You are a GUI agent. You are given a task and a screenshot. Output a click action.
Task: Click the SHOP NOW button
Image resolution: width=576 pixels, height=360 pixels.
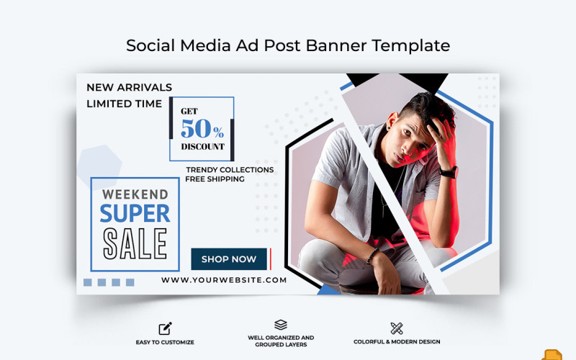pos(229,259)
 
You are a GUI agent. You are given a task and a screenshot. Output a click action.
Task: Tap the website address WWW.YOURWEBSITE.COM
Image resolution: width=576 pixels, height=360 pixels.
pos(224,280)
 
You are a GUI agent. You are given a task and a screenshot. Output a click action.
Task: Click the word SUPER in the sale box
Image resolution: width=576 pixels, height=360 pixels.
pos(135,213)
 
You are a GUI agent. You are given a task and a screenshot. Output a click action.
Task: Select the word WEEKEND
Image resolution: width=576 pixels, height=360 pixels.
pos(135,194)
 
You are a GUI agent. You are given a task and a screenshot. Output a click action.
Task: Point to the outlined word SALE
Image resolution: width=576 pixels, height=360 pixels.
pos(135,243)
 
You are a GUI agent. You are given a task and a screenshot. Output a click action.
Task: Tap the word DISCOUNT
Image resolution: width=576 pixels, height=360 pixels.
pos(202,147)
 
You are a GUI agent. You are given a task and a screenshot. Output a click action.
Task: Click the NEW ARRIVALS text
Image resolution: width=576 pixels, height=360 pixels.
pos(130,87)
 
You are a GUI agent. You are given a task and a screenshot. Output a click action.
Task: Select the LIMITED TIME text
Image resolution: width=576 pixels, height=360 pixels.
pos(124,104)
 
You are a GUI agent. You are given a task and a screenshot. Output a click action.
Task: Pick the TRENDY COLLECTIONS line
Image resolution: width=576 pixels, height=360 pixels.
pos(229,170)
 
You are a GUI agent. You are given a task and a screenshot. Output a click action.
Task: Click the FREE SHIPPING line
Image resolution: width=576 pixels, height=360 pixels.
pos(215,179)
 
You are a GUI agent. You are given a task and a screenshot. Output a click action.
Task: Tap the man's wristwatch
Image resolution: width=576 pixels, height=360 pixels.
pos(449,172)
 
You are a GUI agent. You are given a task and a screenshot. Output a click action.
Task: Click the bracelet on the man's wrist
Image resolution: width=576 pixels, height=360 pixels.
pos(372,256)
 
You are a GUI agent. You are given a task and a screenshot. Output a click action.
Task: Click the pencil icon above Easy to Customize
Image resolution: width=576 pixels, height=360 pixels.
pos(165,328)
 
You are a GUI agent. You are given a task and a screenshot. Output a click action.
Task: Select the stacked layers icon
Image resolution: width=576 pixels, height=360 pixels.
pos(281,325)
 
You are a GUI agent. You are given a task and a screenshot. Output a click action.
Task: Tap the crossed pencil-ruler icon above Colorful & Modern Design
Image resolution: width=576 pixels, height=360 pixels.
pos(397,328)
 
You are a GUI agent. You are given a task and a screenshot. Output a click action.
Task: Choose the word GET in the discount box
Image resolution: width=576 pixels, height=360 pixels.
pos(189,112)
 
